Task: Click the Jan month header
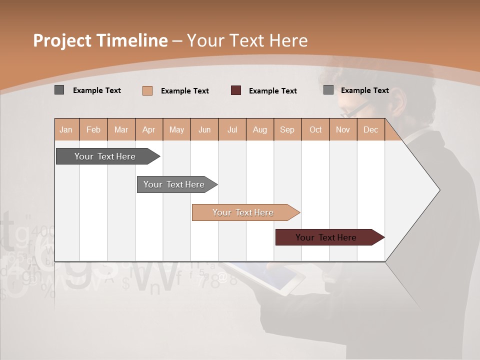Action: coord(66,129)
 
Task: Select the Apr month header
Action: coord(148,129)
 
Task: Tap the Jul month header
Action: coord(232,129)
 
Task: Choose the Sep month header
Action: coord(287,129)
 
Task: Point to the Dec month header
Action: coord(370,129)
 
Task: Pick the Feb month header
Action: coord(93,129)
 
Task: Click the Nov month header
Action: coord(342,129)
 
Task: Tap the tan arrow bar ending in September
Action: coord(244,212)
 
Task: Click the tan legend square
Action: coord(147,90)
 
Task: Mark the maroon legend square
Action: coord(236,90)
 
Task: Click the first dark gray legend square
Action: coord(59,90)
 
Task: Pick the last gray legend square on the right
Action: coord(328,90)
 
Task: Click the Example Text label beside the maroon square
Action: coord(272,91)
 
